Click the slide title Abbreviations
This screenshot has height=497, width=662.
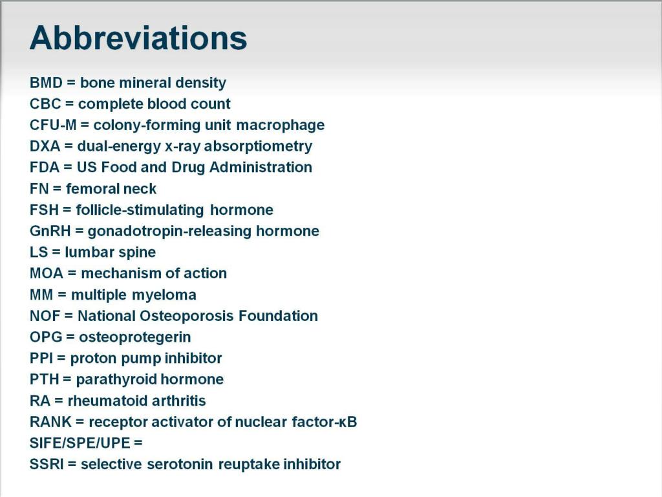[x=138, y=38]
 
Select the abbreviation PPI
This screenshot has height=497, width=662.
[x=41, y=359]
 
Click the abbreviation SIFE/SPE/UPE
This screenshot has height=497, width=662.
[x=80, y=443]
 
